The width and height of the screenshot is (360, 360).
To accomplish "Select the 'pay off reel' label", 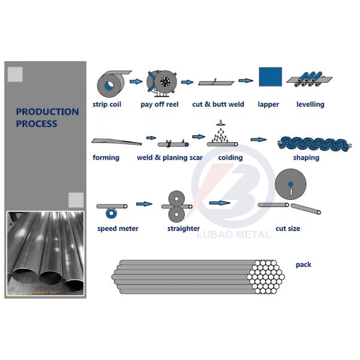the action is click(x=160, y=104).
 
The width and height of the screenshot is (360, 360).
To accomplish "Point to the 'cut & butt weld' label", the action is click(x=218, y=104).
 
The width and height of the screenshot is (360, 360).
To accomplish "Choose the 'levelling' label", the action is click(x=310, y=104).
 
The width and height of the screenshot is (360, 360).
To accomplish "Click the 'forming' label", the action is click(x=106, y=158).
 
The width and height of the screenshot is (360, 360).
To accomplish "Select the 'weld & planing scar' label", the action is click(x=170, y=158).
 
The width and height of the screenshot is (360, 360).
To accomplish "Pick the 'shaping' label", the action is click(x=306, y=158).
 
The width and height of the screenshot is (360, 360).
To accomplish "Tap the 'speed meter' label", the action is click(x=118, y=229).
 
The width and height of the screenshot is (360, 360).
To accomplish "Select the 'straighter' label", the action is click(x=184, y=229).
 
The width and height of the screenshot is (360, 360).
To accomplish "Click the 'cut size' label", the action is click(x=287, y=229).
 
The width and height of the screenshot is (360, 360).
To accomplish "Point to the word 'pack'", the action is click(x=304, y=265).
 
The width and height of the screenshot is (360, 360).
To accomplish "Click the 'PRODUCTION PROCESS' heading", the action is click(x=47, y=118).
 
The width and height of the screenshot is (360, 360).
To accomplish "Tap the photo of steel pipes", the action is click(x=45, y=252).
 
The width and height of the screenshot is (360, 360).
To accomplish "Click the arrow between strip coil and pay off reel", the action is click(x=137, y=81).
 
